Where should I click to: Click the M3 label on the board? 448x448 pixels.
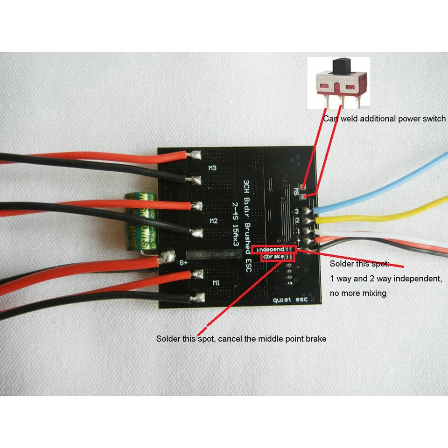pos(211,168)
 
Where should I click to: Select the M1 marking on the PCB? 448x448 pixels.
pos(216,283)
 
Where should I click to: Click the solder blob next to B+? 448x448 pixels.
pos(165,255)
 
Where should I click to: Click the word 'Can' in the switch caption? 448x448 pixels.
pos(329,119)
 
